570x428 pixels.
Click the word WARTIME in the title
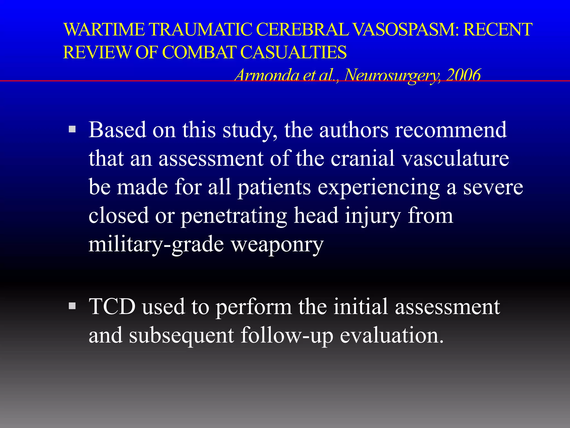tap(104, 30)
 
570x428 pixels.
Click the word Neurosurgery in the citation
tap(392, 75)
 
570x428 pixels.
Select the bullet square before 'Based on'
tap(72, 129)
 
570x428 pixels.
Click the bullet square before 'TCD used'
tap(72, 306)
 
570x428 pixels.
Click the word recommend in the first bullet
tap(451, 130)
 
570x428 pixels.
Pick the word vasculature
tap(455, 158)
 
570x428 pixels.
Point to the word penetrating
tap(234, 216)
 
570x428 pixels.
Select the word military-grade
tap(156, 244)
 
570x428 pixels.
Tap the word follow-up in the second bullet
tap(287, 335)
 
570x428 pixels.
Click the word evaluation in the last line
tap(391, 335)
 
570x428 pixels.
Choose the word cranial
tap(363, 158)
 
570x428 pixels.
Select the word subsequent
tap(181, 335)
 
